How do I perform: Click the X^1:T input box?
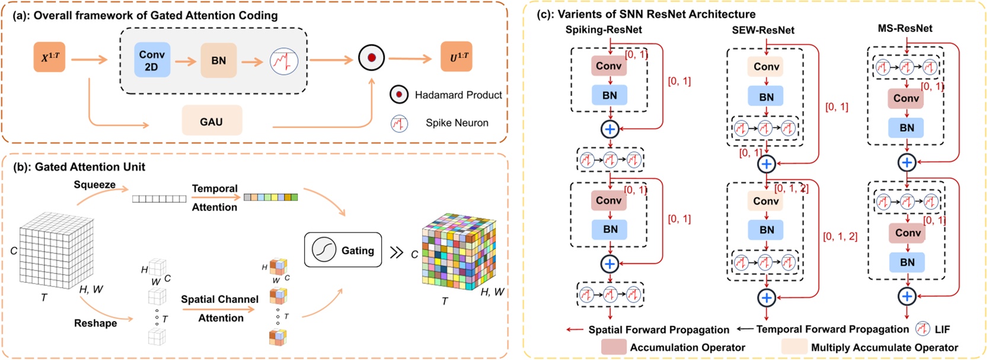pyautogui.click(x=49, y=58)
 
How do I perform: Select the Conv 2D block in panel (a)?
pyautogui.click(x=152, y=60)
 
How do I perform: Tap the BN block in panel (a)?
pyautogui.click(x=218, y=60)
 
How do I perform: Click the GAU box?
pyautogui.click(x=211, y=122)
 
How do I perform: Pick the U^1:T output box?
pyautogui.click(x=456, y=57)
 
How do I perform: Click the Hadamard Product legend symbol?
pyautogui.click(x=399, y=94)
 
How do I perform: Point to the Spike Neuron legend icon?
pyautogui.click(x=400, y=123)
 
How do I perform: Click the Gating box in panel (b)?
pyautogui.click(x=343, y=250)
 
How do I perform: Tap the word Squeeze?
pyautogui.click(x=94, y=184)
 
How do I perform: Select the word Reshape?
pyautogui.click(x=95, y=323)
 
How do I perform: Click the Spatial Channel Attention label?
pyautogui.click(x=220, y=308)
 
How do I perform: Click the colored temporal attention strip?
pyautogui.click(x=270, y=197)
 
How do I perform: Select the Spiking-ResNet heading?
pyautogui.click(x=603, y=30)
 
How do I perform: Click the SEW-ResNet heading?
pyautogui.click(x=763, y=30)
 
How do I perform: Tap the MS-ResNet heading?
pyautogui.click(x=905, y=28)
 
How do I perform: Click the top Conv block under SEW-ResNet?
pyautogui.click(x=766, y=67)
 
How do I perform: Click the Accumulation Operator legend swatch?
pyautogui.click(x=614, y=348)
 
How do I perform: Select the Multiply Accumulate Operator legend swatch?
pyautogui.click(x=794, y=348)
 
